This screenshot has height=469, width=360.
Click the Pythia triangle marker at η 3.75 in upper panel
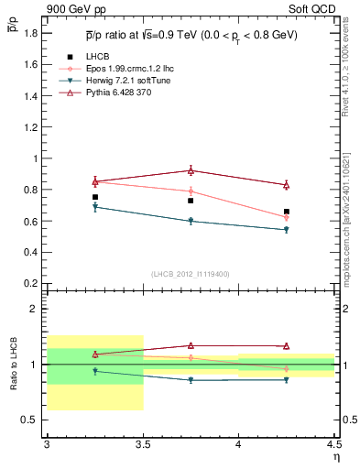click(x=191, y=170)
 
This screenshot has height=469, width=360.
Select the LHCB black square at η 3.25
click(x=94, y=197)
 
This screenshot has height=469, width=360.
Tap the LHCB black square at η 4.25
click(x=287, y=212)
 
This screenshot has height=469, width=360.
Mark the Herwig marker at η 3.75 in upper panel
click(x=191, y=221)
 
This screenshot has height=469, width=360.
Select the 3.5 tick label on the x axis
click(x=142, y=444)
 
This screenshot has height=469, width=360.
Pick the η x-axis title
click(x=334, y=456)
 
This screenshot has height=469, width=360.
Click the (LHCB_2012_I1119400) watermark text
click(x=190, y=274)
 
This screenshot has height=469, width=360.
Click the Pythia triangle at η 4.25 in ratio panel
click(x=287, y=346)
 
